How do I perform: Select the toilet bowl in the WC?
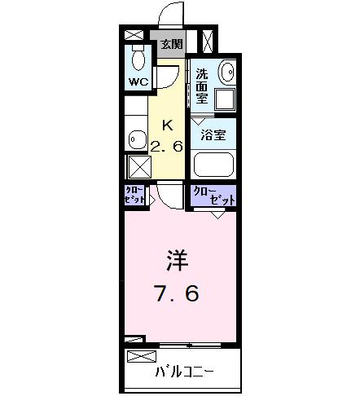pyautogui.click(x=137, y=59)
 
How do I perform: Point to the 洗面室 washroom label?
pyautogui.click(x=202, y=85)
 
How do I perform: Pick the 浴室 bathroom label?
pyautogui.click(x=214, y=134)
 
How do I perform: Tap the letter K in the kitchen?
pyautogui.click(x=168, y=125)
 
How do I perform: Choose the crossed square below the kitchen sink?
pyautogui.click(x=135, y=166)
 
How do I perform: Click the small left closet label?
pyautogui.click(x=135, y=196)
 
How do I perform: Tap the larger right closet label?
pyautogui.click(x=213, y=196)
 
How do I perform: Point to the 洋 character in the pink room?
pyautogui.click(x=178, y=262)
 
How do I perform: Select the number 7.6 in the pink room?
pyautogui.click(x=176, y=293)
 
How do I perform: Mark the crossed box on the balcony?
pyautogui.click(x=142, y=356)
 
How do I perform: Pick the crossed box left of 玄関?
pyautogui.click(x=134, y=35)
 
